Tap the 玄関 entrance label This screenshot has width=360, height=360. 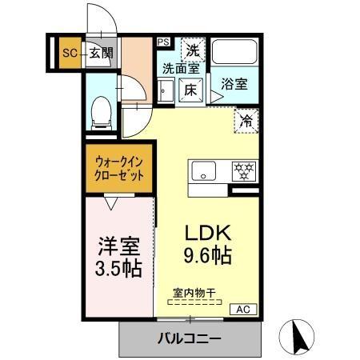(100, 54)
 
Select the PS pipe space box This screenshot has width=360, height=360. (162, 42)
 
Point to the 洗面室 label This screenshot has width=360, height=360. (181, 69)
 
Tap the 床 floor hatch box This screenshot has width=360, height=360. (191, 90)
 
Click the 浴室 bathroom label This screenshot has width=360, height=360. (234, 82)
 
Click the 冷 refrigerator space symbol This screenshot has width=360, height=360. (246, 122)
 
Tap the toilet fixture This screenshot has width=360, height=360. (101, 111)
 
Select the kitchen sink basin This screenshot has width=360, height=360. (203, 170)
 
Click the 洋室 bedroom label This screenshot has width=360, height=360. (115, 242)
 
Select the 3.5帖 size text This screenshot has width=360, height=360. (115, 267)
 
